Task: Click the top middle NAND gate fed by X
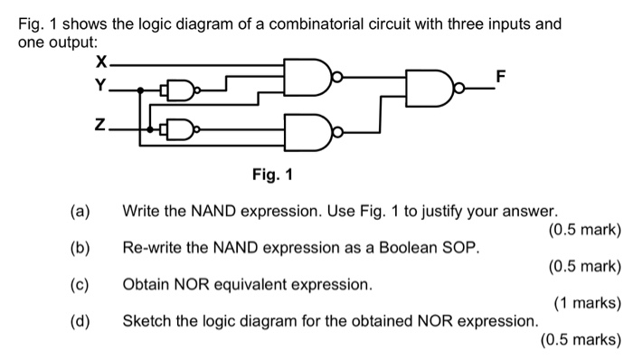[x=307, y=77]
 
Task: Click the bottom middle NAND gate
[x=307, y=133]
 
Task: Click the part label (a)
[x=80, y=213]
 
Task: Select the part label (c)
[x=80, y=285]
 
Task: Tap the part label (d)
[x=80, y=321]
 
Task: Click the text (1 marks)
[x=586, y=304]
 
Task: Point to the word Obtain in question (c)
[x=146, y=285]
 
